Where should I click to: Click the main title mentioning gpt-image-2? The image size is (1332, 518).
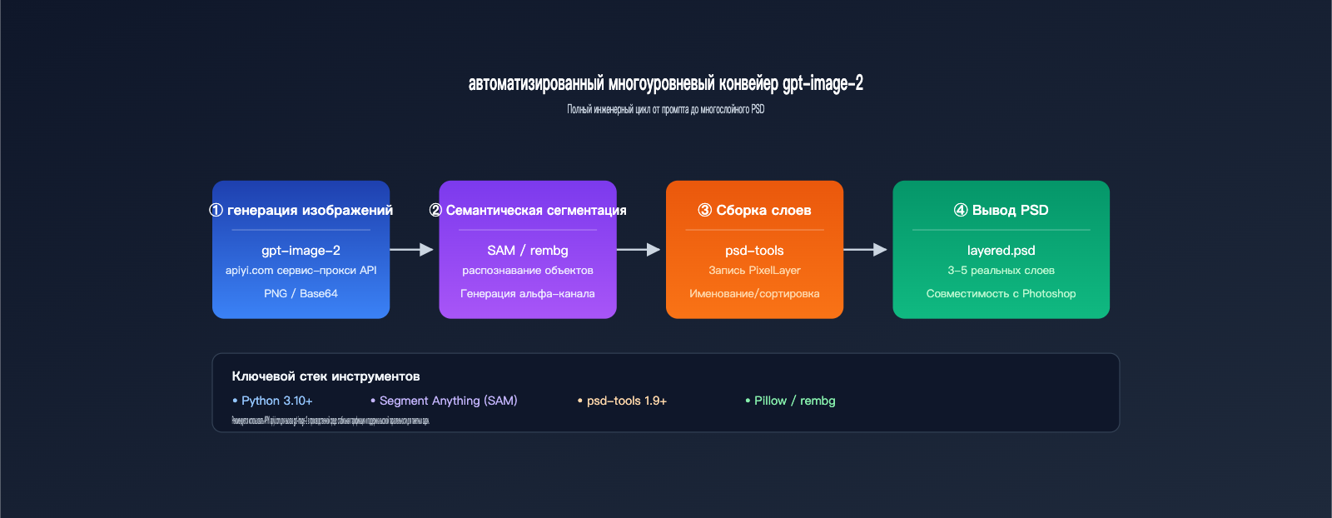665,83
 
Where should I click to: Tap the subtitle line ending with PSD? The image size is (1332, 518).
665,109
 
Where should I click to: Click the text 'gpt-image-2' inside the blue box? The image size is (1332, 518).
301,250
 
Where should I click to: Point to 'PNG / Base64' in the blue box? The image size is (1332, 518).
301,293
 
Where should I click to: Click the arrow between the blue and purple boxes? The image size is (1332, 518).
412,249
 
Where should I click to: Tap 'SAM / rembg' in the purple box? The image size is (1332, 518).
527,250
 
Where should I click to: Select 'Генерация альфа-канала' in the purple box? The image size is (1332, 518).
527,293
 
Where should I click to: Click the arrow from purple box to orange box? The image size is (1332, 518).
639,249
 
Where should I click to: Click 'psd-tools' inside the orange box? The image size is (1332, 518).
754,250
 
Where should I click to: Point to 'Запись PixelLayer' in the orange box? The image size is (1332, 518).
754,270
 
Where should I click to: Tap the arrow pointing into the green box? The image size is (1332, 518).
866,249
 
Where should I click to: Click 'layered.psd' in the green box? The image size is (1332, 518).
1001,250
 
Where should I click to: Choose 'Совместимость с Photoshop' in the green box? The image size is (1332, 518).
1001,293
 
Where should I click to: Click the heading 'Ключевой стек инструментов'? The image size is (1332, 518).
326,376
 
